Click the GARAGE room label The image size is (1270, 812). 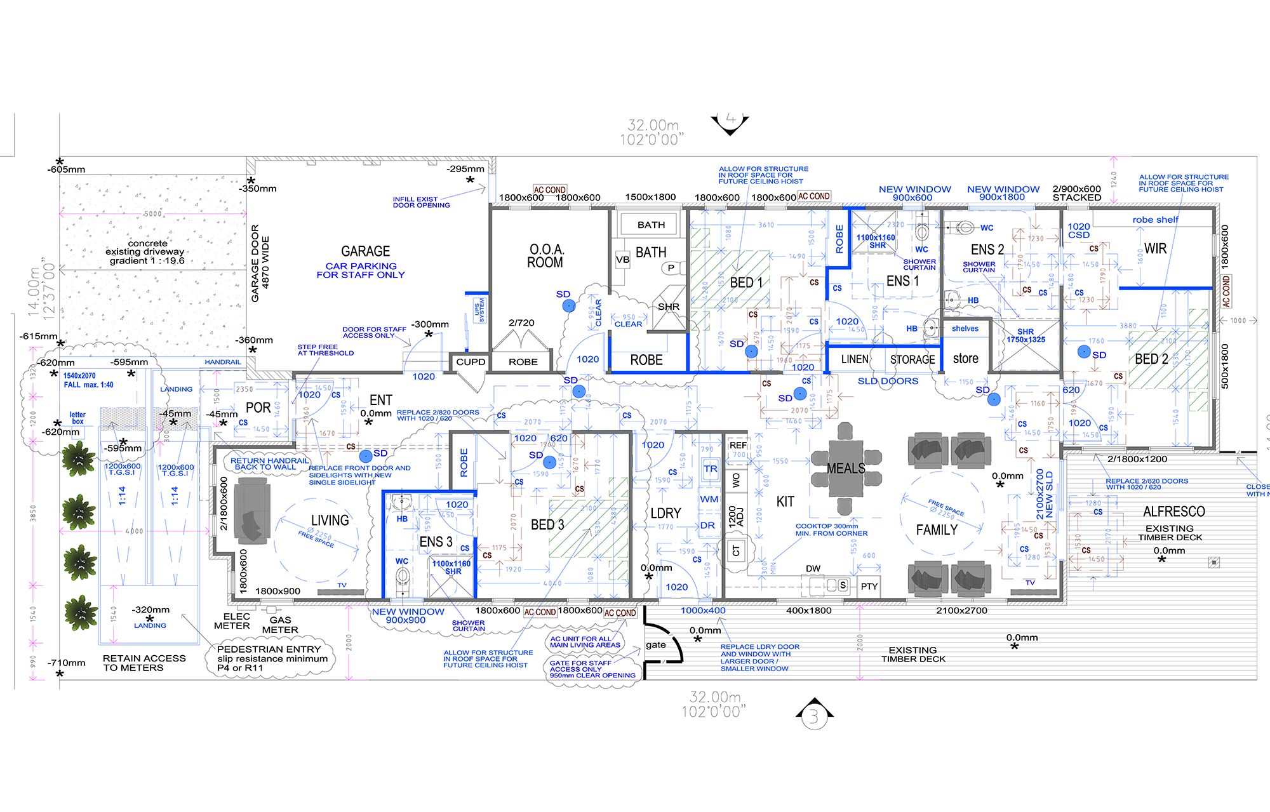365,251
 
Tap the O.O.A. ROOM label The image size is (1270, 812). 545,256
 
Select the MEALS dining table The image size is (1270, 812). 845,469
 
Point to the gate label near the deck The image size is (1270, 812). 655,645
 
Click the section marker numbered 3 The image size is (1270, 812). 814,718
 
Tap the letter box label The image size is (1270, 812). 77,418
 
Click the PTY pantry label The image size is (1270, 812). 869,586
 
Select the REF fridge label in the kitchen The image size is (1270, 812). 738,445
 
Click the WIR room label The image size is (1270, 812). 1155,249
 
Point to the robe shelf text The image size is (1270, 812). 1155,220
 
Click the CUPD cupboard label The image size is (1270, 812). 471,362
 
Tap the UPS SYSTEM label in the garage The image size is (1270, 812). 479,310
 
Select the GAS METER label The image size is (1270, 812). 280,625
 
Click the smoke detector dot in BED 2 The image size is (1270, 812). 1084,351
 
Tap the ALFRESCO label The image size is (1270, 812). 1173,512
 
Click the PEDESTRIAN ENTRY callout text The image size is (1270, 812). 272,658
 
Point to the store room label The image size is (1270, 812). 965,359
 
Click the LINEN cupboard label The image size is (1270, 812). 855,359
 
